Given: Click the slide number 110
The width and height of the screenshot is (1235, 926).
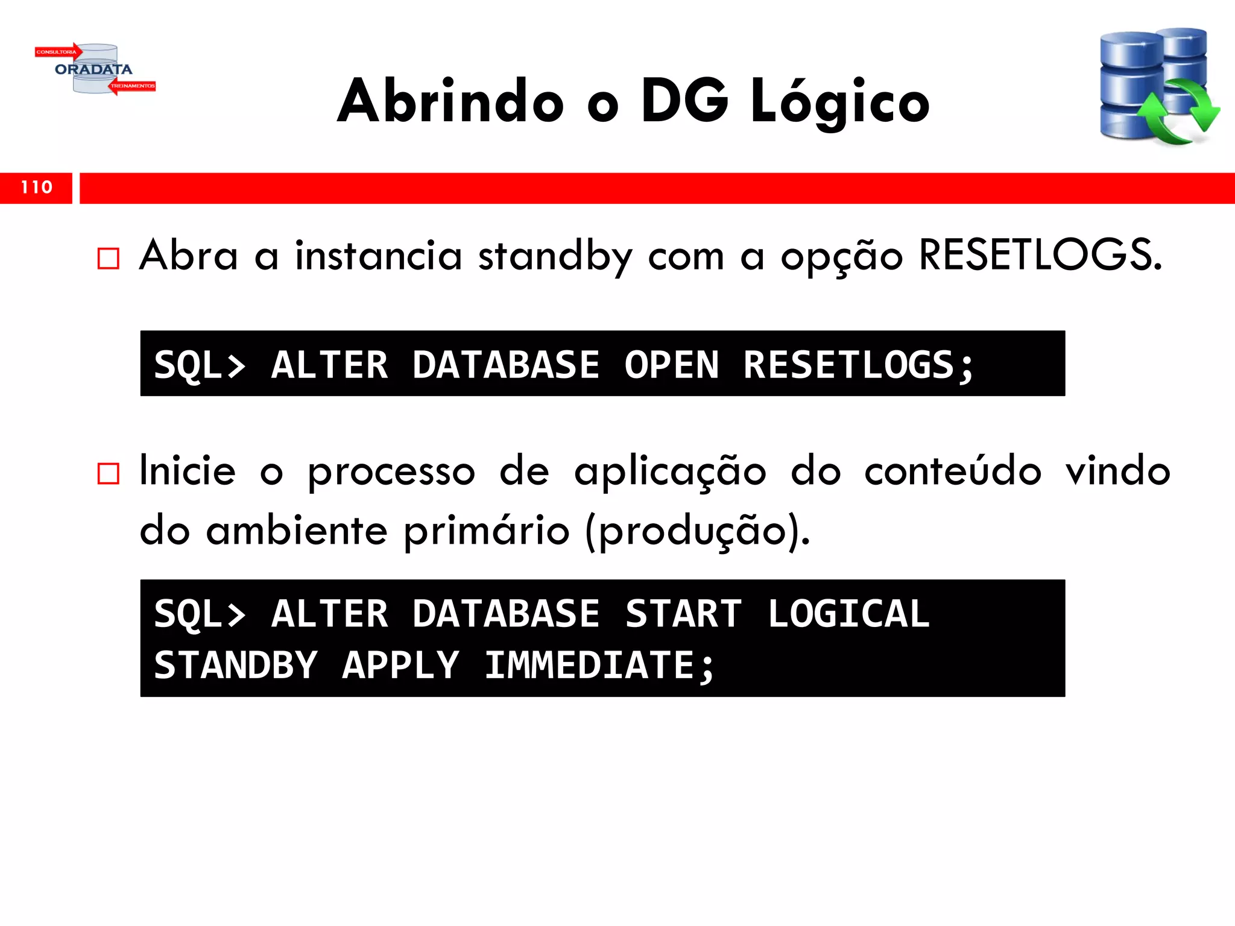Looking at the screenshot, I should pos(36,187).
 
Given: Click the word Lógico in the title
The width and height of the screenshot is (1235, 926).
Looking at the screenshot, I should pos(839,102).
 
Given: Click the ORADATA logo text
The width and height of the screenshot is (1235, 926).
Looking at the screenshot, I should pos(93,69).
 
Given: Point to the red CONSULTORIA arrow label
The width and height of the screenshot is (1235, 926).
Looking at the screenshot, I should pos(57,52).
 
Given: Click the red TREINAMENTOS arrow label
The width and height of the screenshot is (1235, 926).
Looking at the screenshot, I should pos(133,86).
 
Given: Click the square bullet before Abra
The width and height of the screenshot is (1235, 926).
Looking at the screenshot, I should pos(109,259).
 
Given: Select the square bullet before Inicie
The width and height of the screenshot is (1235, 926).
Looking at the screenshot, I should pos(109,474).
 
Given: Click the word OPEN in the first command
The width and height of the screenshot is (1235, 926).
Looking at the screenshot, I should pos(672,365).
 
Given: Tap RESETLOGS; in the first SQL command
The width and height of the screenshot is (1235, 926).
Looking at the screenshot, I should pos(858,365).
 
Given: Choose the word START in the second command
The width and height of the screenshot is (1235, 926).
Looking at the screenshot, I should pos(683,614).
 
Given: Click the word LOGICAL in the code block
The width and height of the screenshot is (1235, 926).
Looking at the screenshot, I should pos(848,614).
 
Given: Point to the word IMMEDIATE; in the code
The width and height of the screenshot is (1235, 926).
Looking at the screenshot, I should pos(600,666).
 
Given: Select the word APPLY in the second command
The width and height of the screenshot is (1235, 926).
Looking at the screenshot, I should pos(400,666).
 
